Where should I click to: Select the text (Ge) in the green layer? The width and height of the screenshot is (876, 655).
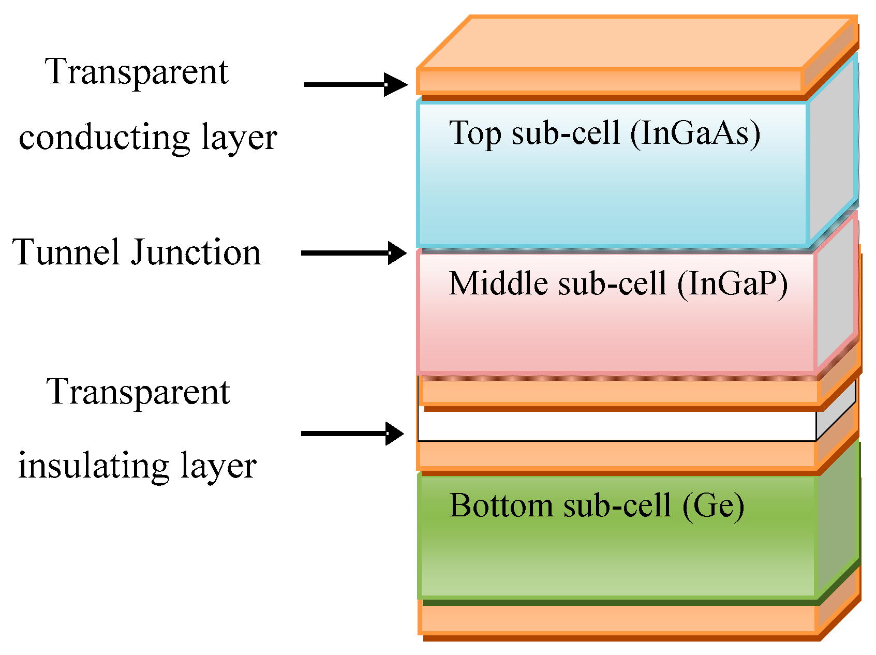point(714,505)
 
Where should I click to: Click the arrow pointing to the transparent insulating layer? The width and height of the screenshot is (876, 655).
point(352,434)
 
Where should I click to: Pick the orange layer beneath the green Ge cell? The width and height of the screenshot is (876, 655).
point(616,619)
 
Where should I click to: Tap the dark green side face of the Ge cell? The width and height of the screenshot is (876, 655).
point(837,523)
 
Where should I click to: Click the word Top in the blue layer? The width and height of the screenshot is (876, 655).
point(475,133)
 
